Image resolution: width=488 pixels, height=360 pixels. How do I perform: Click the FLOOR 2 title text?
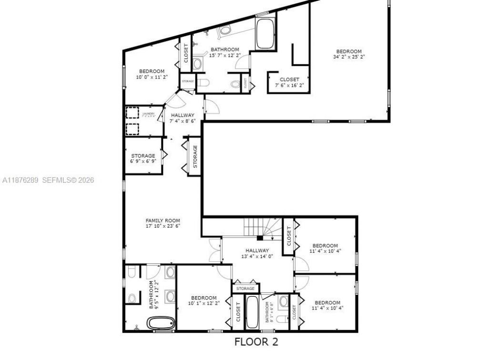[x=256, y=341]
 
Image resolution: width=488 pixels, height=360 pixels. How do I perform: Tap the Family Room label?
[x=163, y=223]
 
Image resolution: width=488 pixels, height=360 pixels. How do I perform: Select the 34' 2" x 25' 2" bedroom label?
[x=349, y=54]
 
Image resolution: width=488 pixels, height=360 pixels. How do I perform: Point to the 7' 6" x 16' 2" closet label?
[x=289, y=82]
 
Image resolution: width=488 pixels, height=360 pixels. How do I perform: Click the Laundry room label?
[x=148, y=115]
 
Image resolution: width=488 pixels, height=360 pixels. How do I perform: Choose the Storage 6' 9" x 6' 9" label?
[x=143, y=159]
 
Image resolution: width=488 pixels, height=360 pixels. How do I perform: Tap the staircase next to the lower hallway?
[x=263, y=227]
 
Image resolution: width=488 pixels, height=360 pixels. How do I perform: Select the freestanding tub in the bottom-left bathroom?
[x=161, y=323]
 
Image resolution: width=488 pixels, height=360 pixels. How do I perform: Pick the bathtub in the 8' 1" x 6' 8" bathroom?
[x=253, y=312]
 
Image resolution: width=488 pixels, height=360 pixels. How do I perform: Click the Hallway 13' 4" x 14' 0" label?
[x=257, y=253]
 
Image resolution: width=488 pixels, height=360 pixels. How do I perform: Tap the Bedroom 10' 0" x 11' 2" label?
[x=152, y=74]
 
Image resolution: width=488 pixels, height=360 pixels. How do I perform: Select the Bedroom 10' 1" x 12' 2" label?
[x=204, y=300]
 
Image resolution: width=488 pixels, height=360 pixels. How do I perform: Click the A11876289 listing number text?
[x=20, y=180]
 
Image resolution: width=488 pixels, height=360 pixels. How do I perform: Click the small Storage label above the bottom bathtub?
[x=246, y=289]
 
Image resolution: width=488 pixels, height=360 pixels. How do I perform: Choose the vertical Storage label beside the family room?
[x=195, y=156]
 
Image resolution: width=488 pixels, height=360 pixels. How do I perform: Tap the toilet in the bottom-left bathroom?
[x=132, y=271]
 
